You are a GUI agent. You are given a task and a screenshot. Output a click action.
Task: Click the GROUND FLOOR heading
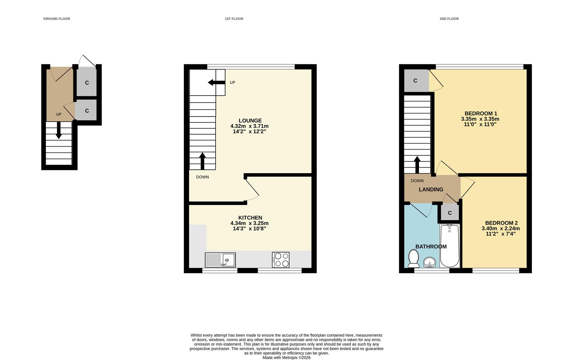pos(56,19)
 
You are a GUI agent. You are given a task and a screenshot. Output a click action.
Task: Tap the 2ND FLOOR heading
pos(449,19)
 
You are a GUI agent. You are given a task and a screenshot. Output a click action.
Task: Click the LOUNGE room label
pos(250,121)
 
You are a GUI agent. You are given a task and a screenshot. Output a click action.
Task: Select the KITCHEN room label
pos(250,218)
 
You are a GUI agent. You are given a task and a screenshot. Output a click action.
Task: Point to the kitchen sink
pos(220,260)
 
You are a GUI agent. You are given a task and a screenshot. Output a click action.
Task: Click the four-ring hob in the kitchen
pos(280,260)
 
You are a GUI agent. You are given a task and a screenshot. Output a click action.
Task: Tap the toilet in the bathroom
pos(414,259)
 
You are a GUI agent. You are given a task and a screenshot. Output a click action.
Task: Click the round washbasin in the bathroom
pos(429,262)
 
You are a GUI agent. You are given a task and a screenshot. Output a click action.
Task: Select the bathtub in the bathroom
pos(450,246)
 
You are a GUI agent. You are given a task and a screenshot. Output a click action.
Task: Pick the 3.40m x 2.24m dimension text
pos(501,228)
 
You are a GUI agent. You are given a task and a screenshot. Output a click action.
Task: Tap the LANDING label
pos(431,189)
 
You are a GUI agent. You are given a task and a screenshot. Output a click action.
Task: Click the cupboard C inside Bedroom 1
pos(415,81)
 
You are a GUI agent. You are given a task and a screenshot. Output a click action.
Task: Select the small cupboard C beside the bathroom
pos(450,213)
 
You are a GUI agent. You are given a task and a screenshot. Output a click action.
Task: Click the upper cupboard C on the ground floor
pos(87,83)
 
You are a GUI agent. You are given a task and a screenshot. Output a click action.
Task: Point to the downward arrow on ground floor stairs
pos(59,130)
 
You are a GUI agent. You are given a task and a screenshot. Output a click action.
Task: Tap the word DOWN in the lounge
pos(202,177)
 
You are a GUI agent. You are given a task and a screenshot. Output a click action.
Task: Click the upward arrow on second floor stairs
pos(417,165)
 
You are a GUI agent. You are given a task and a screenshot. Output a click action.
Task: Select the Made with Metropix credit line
pos(286,358)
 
